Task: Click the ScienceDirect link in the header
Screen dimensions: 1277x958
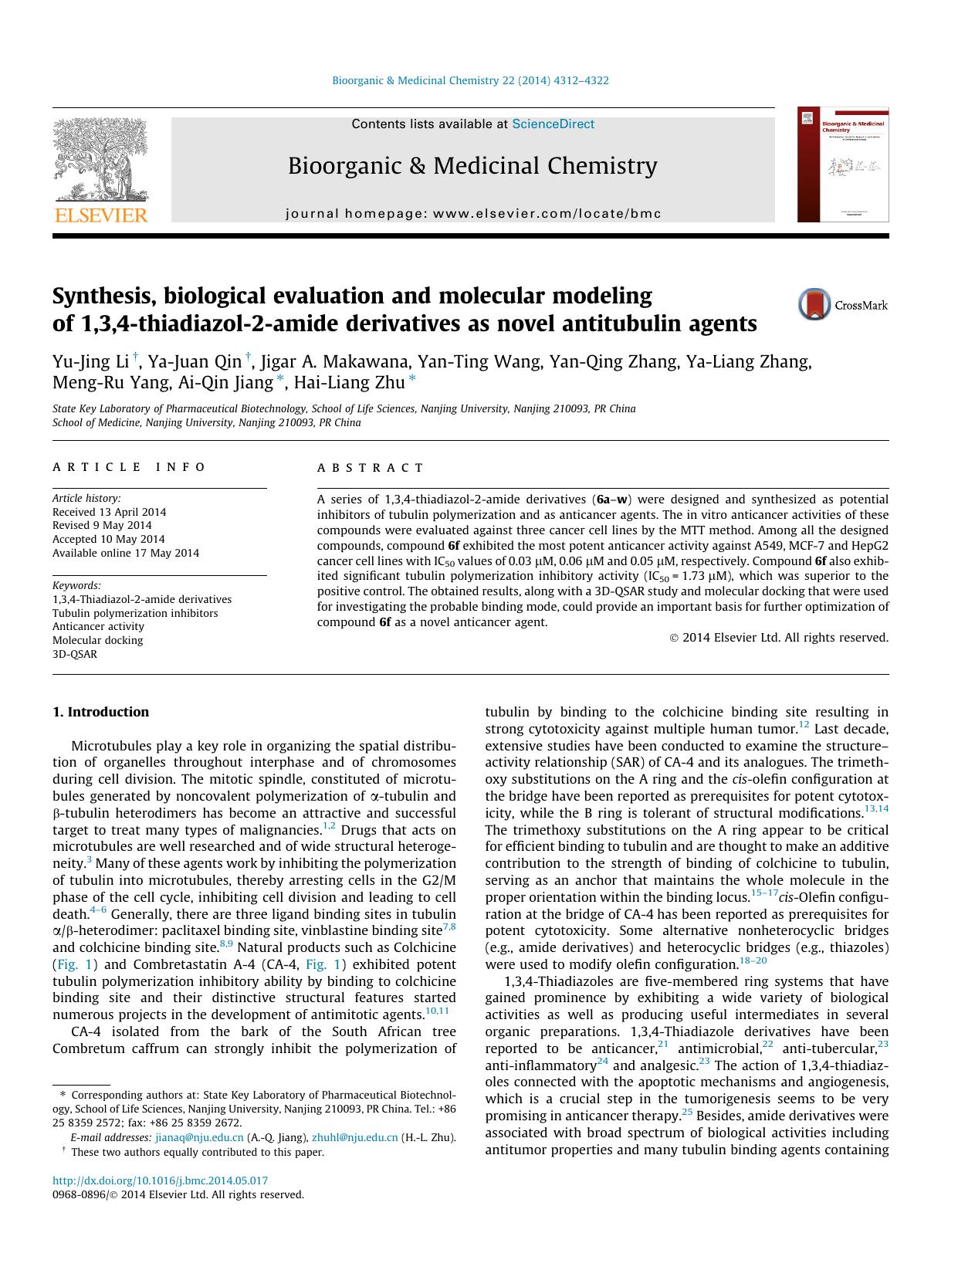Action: click(x=553, y=124)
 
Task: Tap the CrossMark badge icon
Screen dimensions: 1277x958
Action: click(x=814, y=305)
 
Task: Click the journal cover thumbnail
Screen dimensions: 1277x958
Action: click(x=843, y=165)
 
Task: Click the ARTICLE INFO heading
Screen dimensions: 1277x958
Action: click(x=129, y=467)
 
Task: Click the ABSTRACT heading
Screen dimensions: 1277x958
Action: click(x=371, y=468)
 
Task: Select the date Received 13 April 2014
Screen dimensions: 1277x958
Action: click(x=109, y=512)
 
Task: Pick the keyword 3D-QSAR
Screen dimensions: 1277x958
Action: click(x=75, y=654)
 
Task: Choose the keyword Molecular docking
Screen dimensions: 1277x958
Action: click(x=97, y=640)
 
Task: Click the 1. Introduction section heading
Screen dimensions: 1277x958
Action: click(x=100, y=712)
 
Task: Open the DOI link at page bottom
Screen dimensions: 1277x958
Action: click(x=160, y=1180)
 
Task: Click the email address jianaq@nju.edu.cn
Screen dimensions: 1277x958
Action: click(x=199, y=1137)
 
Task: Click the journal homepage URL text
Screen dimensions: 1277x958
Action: click(x=473, y=214)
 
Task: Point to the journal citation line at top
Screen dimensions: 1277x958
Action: click(x=470, y=80)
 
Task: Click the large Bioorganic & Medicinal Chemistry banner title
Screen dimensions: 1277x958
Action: click(x=472, y=166)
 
